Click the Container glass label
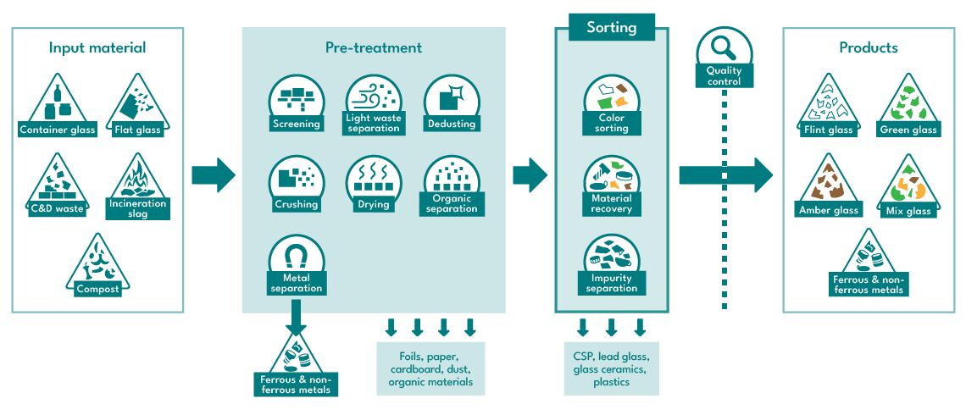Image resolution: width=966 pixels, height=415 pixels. pos(58,130)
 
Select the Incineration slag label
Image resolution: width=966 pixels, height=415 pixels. pos(137,208)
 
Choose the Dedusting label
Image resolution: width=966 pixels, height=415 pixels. pos(452,124)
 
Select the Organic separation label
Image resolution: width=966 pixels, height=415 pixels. pos(452,204)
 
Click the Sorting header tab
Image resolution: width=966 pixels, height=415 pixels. pos(611,27)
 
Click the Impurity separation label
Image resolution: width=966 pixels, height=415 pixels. pos(612,283)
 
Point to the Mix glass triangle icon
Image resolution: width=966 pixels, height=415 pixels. pos(908,184)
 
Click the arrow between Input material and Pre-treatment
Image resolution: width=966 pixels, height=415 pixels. pos(214,175)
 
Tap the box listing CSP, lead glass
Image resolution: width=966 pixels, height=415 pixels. pos(611,368)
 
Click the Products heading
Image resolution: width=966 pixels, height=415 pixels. pos(868,47)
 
